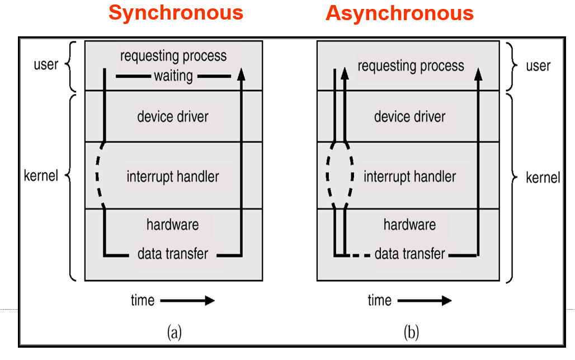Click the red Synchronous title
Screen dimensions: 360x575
pyautogui.click(x=176, y=12)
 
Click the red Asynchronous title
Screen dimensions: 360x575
pyautogui.click(x=399, y=12)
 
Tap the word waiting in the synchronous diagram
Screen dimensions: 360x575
pyautogui.click(x=173, y=75)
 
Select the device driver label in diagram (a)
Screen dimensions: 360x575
pyautogui.click(x=173, y=117)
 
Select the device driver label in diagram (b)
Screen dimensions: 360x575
pyautogui.click(x=410, y=117)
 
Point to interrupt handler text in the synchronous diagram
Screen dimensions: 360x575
pyautogui.click(x=173, y=177)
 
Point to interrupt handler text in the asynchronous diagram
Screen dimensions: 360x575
pyautogui.click(x=410, y=177)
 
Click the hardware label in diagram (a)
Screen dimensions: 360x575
pyautogui.click(x=173, y=225)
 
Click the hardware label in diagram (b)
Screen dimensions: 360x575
pyautogui.click(x=410, y=225)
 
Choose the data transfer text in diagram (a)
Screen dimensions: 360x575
pyautogui.click(x=173, y=254)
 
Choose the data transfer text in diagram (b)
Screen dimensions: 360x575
pyautogui.click(x=410, y=254)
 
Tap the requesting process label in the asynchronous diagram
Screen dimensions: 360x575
pyautogui.click(x=411, y=66)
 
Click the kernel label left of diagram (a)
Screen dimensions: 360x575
pyautogui.click(x=41, y=177)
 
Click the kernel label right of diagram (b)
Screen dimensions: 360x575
pyautogui.click(x=543, y=178)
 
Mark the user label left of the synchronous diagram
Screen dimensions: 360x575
pyautogui.click(x=46, y=64)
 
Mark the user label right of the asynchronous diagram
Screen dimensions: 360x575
pyautogui.click(x=538, y=66)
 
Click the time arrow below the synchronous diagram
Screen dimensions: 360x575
pyautogui.click(x=187, y=301)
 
